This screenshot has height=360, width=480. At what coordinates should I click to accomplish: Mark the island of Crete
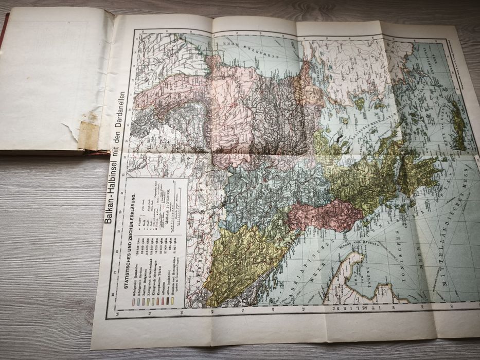click(457, 126)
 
